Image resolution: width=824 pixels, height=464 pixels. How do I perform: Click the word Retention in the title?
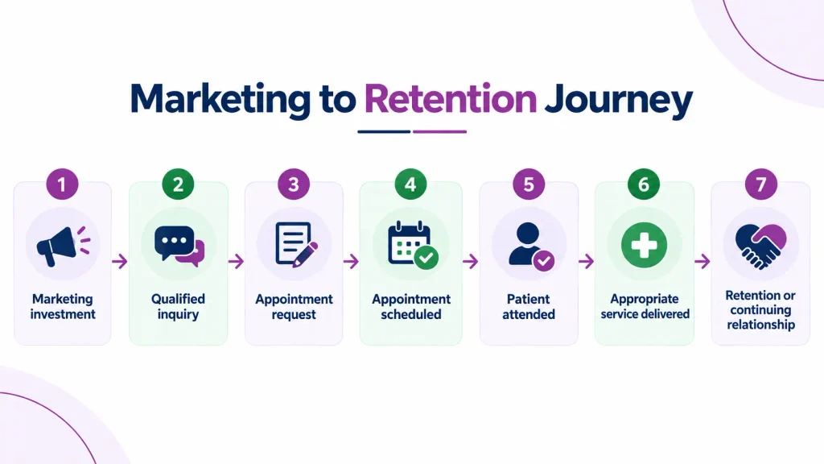point(451,98)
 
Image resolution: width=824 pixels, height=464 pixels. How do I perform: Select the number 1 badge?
point(62,184)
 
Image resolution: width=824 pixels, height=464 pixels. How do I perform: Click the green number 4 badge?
point(410,184)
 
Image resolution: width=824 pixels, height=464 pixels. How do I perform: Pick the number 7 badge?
point(760,184)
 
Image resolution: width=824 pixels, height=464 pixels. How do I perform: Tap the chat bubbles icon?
point(179,246)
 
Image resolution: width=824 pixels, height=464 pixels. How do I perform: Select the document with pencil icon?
point(296,245)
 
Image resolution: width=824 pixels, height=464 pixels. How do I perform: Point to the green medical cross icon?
point(644,245)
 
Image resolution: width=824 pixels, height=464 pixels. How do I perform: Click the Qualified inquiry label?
point(178,306)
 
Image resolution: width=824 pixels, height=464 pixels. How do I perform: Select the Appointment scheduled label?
point(411,306)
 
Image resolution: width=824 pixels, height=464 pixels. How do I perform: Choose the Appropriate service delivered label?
point(645,306)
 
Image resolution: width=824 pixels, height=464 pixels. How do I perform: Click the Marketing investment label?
point(63,306)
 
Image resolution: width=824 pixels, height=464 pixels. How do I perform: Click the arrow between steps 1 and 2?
point(120,261)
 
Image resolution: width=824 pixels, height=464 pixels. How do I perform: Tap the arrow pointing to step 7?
point(702,261)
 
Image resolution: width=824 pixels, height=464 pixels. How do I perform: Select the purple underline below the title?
point(440,131)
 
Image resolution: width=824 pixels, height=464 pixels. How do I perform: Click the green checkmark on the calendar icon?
point(426,257)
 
